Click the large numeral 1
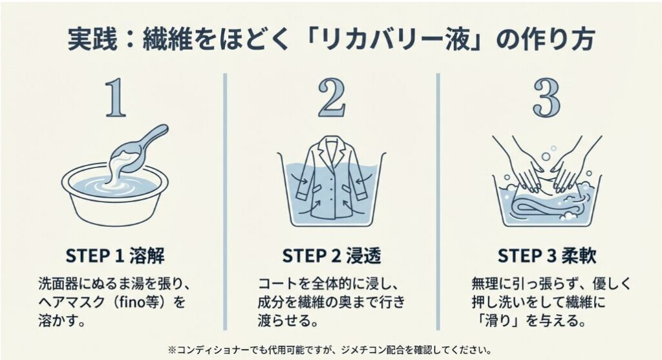pos(115,98)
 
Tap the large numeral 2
pos(332,98)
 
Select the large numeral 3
pos(547,98)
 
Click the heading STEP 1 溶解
pos(115,256)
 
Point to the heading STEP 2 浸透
pos(332,256)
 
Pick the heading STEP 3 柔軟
pos(547,256)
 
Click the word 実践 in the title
pos(92,39)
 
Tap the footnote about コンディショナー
pos(330,350)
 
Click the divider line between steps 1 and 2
pos(225,201)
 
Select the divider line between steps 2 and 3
pos(438,201)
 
